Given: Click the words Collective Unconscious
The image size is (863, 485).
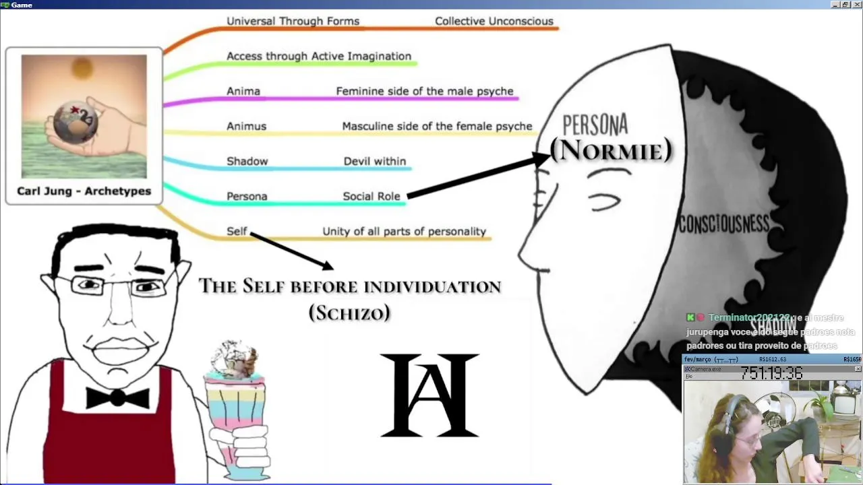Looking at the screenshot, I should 494,21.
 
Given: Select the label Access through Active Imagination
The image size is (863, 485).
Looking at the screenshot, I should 318,56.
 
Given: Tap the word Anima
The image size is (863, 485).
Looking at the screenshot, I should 243,91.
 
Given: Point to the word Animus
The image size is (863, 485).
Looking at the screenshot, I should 246,126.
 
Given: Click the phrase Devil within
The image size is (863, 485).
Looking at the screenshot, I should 374,161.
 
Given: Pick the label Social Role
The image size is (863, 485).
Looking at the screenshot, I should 371,196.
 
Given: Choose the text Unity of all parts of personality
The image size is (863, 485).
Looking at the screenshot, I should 404,231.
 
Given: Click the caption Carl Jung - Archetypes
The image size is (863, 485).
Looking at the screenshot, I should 84,191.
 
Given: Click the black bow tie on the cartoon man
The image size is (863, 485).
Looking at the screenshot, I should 117,397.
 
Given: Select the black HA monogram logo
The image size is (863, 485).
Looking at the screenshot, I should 429,395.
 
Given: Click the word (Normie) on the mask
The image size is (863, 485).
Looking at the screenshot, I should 611,150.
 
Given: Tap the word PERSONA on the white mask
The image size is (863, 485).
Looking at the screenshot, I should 595,125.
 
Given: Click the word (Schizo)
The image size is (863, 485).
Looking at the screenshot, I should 349,313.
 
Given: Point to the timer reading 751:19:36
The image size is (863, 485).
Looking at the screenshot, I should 771,373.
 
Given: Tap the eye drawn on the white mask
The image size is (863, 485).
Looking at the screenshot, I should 605,201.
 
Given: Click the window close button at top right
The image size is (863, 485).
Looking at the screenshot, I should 856,5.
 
